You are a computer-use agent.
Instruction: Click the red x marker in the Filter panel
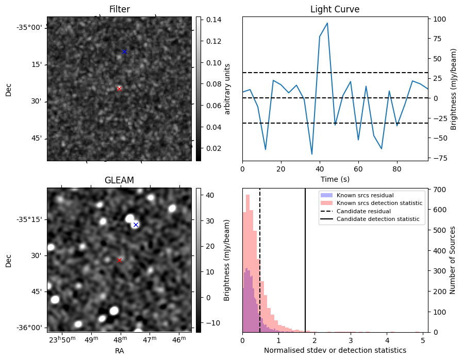[119, 89]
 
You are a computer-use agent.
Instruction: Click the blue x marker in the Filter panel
[124, 52]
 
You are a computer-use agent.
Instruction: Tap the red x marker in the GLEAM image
[119, 260]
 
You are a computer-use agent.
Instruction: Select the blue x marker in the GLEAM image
[136, 225]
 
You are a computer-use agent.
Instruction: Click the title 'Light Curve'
[335, 9]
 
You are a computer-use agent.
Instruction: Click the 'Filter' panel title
[119, 9]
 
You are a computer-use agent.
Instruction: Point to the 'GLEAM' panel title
[119, 180]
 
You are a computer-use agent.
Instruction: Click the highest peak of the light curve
[327, 23]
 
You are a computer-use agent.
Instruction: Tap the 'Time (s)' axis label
[335, 179]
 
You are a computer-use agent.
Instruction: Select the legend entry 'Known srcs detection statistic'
[379, 203]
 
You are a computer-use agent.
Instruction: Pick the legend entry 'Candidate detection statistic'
[377, 219]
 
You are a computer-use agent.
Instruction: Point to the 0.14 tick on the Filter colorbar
[213, 20]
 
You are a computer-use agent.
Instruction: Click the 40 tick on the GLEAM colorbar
[209, 195]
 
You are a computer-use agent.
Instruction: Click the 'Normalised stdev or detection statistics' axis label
[335, 350]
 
